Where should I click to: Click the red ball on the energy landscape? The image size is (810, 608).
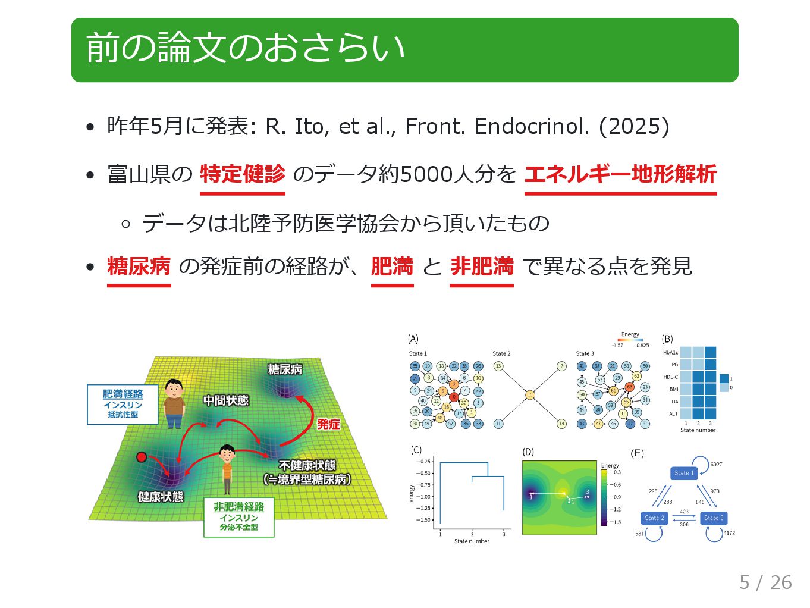click(142, 457)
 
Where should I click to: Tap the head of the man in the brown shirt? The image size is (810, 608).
click(174, 388)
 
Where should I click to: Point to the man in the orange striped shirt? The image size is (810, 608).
click(227, 468)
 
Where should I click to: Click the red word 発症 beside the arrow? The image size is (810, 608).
click(328, 424)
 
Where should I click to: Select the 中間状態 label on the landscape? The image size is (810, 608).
click(225, 400)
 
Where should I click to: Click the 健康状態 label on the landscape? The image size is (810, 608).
click(161, 497)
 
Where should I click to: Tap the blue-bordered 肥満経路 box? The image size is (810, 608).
click(123, 404)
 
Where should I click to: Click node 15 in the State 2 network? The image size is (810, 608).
click(529, 394)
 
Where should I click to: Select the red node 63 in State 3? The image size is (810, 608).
click(629, 387)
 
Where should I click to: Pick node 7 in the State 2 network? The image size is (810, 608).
click(561, 366)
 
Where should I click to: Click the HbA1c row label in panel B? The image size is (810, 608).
click(670, 353)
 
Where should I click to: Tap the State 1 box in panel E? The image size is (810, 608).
click(684, 473)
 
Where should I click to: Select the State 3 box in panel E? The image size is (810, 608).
click(714, 518)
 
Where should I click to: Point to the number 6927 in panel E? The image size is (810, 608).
click(717, 464)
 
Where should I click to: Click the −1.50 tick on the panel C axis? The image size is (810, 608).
click(423, 520)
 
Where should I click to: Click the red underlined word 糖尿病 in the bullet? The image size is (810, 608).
click(139, 266)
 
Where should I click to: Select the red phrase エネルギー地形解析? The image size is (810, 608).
click(620, 174)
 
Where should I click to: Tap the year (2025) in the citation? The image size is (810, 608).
click(634, 126)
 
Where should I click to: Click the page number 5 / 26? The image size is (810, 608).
click(765, 582)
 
